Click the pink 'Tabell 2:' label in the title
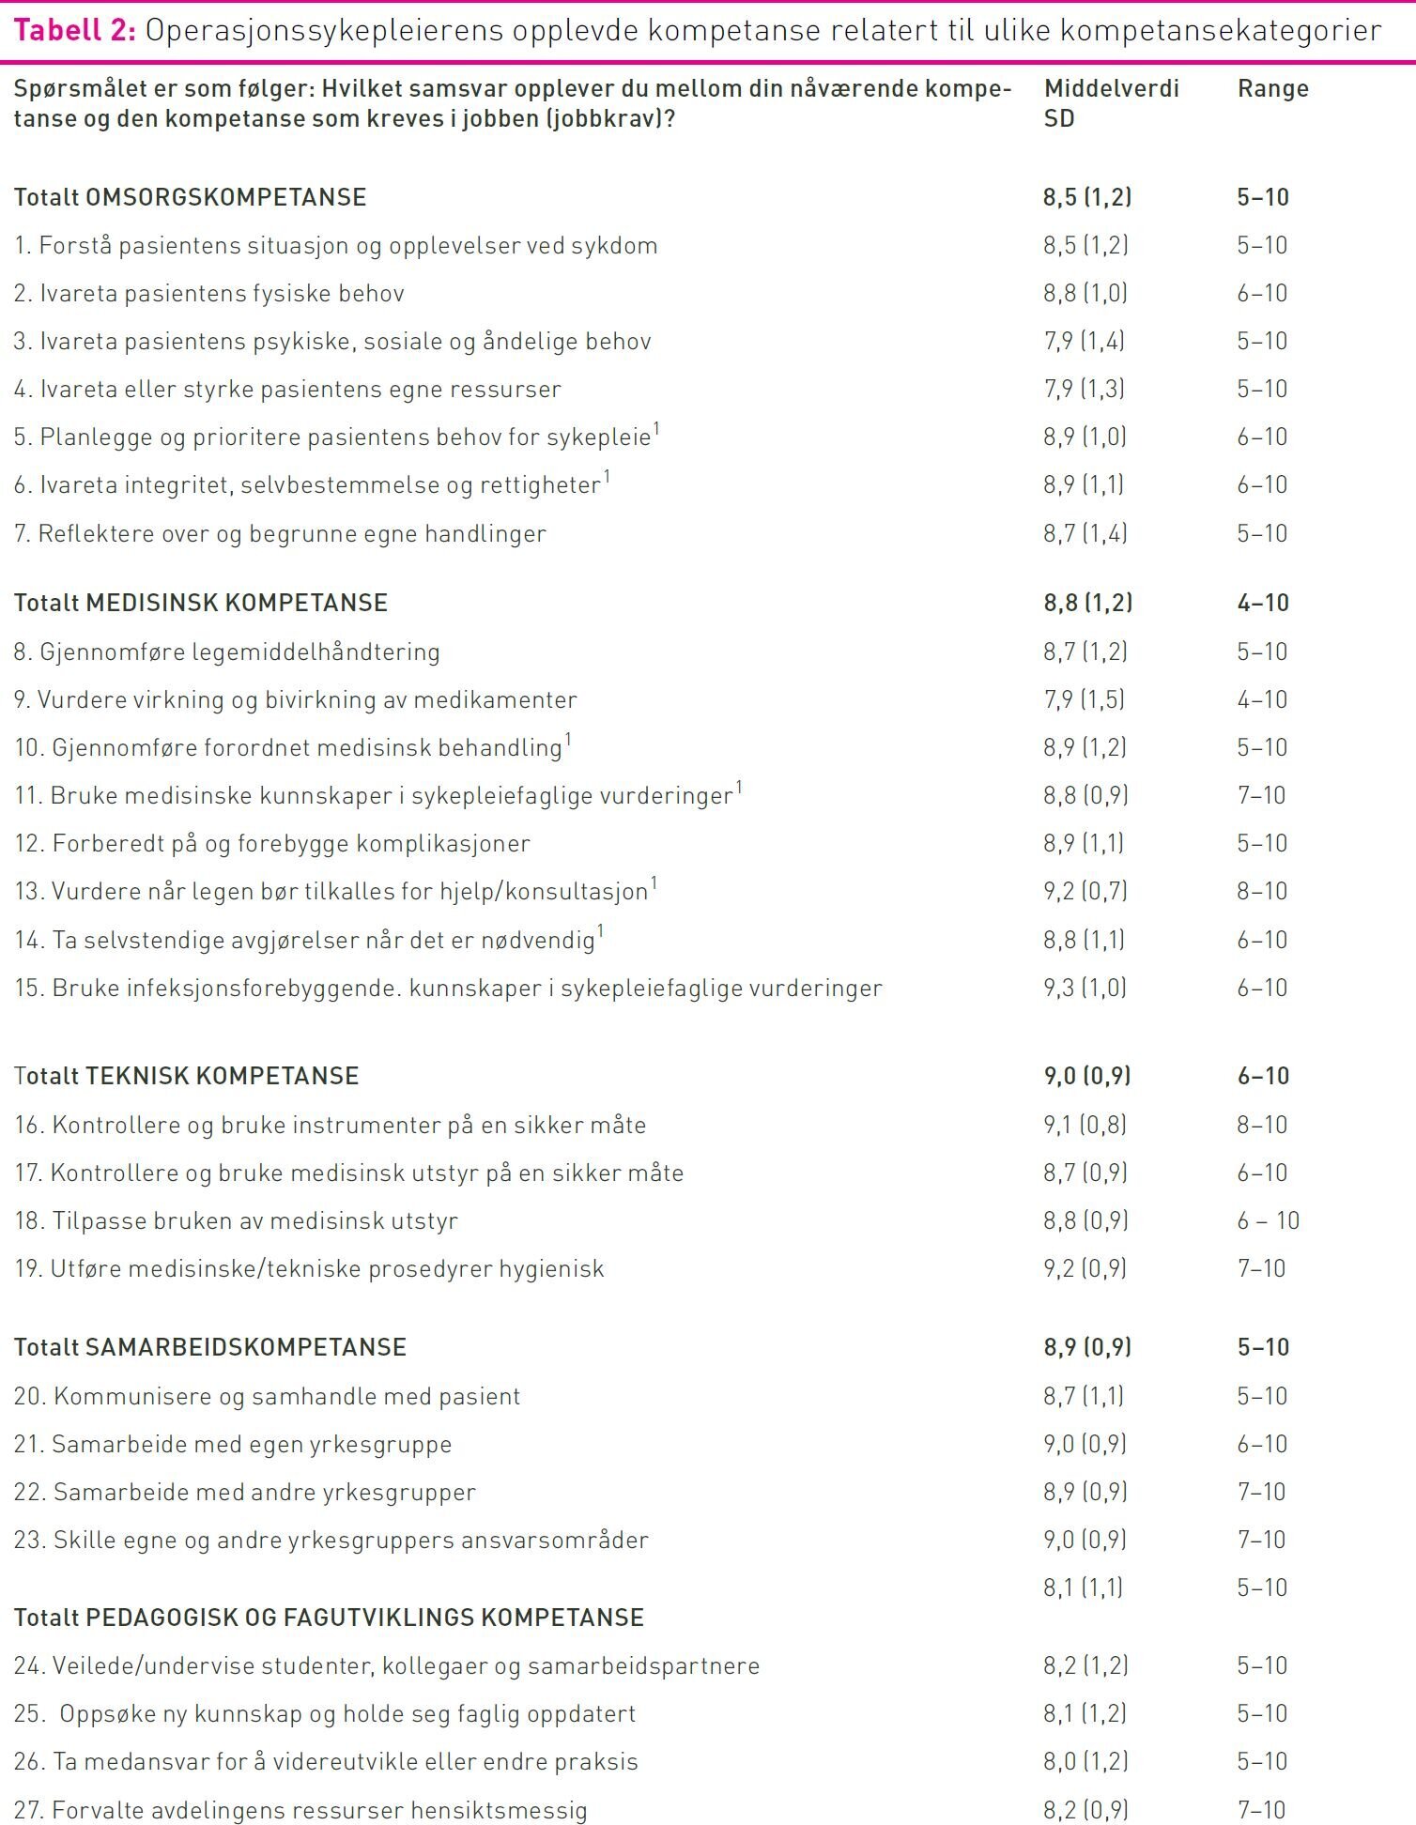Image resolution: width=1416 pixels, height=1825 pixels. pos(75,31)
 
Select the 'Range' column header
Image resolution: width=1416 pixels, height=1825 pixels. pos(1272,89)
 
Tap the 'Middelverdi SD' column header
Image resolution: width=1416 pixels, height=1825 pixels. pos(1110,103)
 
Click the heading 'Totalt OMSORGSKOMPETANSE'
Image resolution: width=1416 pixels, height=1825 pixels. pos(190,197)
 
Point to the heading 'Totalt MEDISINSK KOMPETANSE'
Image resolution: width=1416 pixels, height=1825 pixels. pos(200,603)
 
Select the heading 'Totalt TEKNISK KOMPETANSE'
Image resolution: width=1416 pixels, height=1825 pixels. pos(186,1076)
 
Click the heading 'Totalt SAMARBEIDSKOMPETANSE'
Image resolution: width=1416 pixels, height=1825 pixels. pos(209,1347)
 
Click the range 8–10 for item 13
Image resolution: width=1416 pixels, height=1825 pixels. pos(1261,891)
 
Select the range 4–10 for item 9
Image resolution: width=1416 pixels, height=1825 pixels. pos(1261,699)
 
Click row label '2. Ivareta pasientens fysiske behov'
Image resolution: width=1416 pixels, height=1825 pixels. pos(208,294)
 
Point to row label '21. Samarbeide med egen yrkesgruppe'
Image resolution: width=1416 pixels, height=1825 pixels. pos(232,1444)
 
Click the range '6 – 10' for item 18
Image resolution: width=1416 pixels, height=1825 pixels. pos(1268,1220)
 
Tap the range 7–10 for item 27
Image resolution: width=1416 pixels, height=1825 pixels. pos(1261,1810)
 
